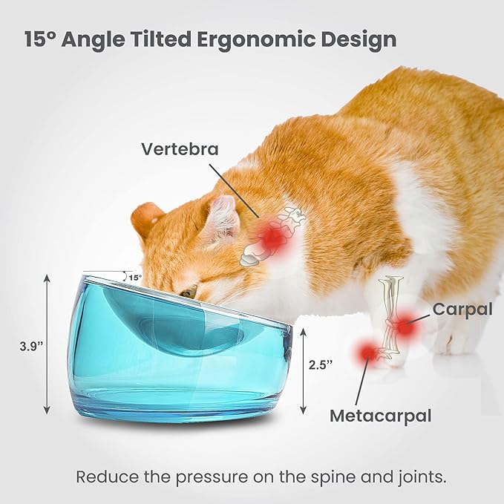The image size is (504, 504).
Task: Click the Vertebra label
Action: (x=180, y=148)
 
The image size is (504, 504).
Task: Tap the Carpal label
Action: (x=462, y=309)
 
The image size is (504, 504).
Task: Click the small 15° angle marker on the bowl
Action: (x=134, y=278)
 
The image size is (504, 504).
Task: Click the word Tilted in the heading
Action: (x=158, y=39)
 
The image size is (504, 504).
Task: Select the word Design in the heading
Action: (x=359, y=39)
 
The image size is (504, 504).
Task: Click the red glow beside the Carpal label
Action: (x=404, y=325)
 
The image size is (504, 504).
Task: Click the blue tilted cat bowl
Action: (x=182, y=349)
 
